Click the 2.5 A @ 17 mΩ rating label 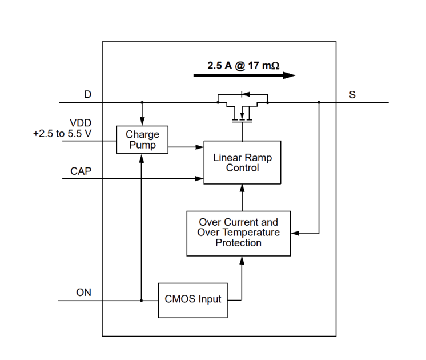tap(243, 66)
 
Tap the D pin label tap(87, 94)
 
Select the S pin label tap(352, 95)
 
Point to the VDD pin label tap(81, 123)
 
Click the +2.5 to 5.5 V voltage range tap(62, 133)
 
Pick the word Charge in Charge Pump tap(142, 135)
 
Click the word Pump tap(142, 145)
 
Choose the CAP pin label tap(81, 171)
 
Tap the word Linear tap(226, 158)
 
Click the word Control tap(242, 168)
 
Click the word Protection tap(239, 243)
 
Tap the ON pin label tap(84, 292)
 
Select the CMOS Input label tap(192, 299)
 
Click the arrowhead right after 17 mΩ tap(290, 75)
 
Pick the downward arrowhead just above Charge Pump tap(142, 121)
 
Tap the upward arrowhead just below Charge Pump tap(142, 159)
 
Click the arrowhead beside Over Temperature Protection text tap(295, 233)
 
